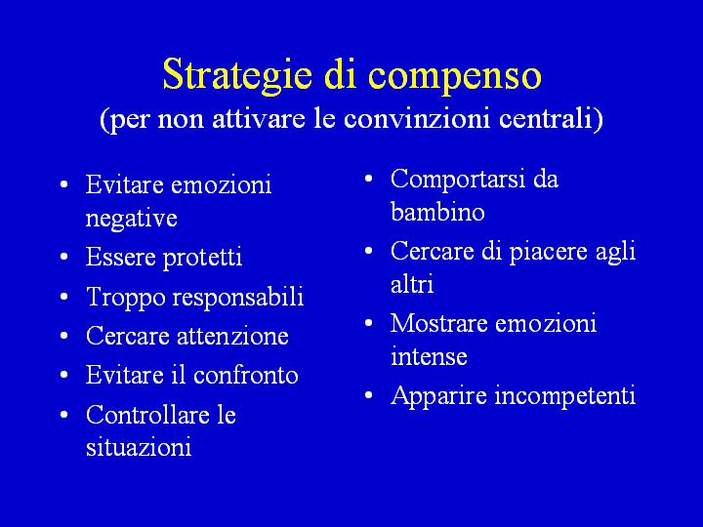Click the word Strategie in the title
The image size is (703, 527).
pos(237,75)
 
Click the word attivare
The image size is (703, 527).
pos(258,118)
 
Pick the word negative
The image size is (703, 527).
pos(132,219)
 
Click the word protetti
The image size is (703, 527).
pos(202,258)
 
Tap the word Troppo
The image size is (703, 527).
pos(126,297)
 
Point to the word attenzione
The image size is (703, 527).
pos(232,336)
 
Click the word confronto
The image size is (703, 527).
pos(246,375)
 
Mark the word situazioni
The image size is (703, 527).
pos(139,447)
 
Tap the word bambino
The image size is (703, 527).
pos(437,212)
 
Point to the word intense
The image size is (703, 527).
pos(429,356)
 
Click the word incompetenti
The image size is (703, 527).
pos(565,395)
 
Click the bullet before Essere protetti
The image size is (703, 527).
pos(64,257)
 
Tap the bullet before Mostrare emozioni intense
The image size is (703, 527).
pos(368,323)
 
